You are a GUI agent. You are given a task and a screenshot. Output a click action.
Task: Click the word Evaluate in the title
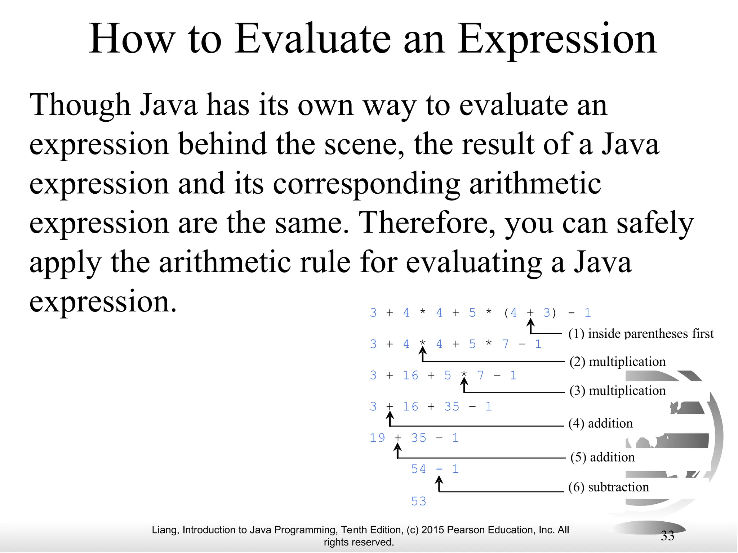pos(312,39)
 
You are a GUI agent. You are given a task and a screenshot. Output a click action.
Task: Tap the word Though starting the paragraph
pos(80,105)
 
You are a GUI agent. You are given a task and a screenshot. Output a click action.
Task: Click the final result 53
pos(418,501)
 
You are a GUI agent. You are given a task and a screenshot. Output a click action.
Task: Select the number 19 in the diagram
pos(377,438)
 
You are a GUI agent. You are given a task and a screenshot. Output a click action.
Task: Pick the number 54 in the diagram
pos(418,469)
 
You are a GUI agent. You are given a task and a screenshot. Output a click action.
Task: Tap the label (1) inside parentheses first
pos(641,333)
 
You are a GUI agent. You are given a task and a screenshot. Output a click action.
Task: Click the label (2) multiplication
pos(617,361)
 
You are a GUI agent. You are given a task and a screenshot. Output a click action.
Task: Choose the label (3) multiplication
pos(617,391)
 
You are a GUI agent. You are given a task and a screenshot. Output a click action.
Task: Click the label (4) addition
pos(600,423)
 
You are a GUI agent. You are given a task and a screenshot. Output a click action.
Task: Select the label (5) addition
pos(602,457)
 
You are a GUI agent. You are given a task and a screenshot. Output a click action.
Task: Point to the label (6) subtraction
pos(608,487)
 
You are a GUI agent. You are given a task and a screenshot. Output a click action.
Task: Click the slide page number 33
pos(667,536)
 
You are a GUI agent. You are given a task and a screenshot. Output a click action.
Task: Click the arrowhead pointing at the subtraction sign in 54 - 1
pos(439,480)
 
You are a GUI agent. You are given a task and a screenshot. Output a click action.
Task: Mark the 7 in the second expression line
pos(505,344)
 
